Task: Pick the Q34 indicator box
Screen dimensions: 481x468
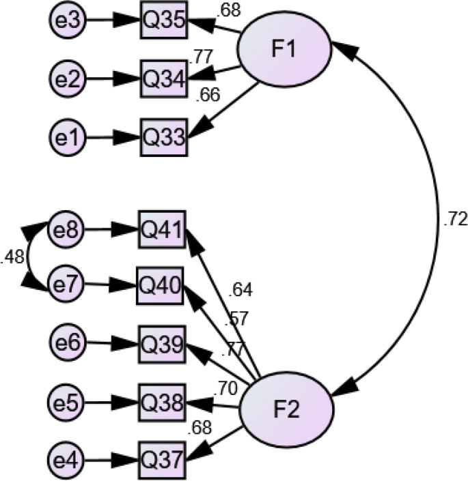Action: (x=163, y=79)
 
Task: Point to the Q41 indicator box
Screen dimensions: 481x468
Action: (x=161, y=230)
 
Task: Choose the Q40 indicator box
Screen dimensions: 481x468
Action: (x=161, y=286)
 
